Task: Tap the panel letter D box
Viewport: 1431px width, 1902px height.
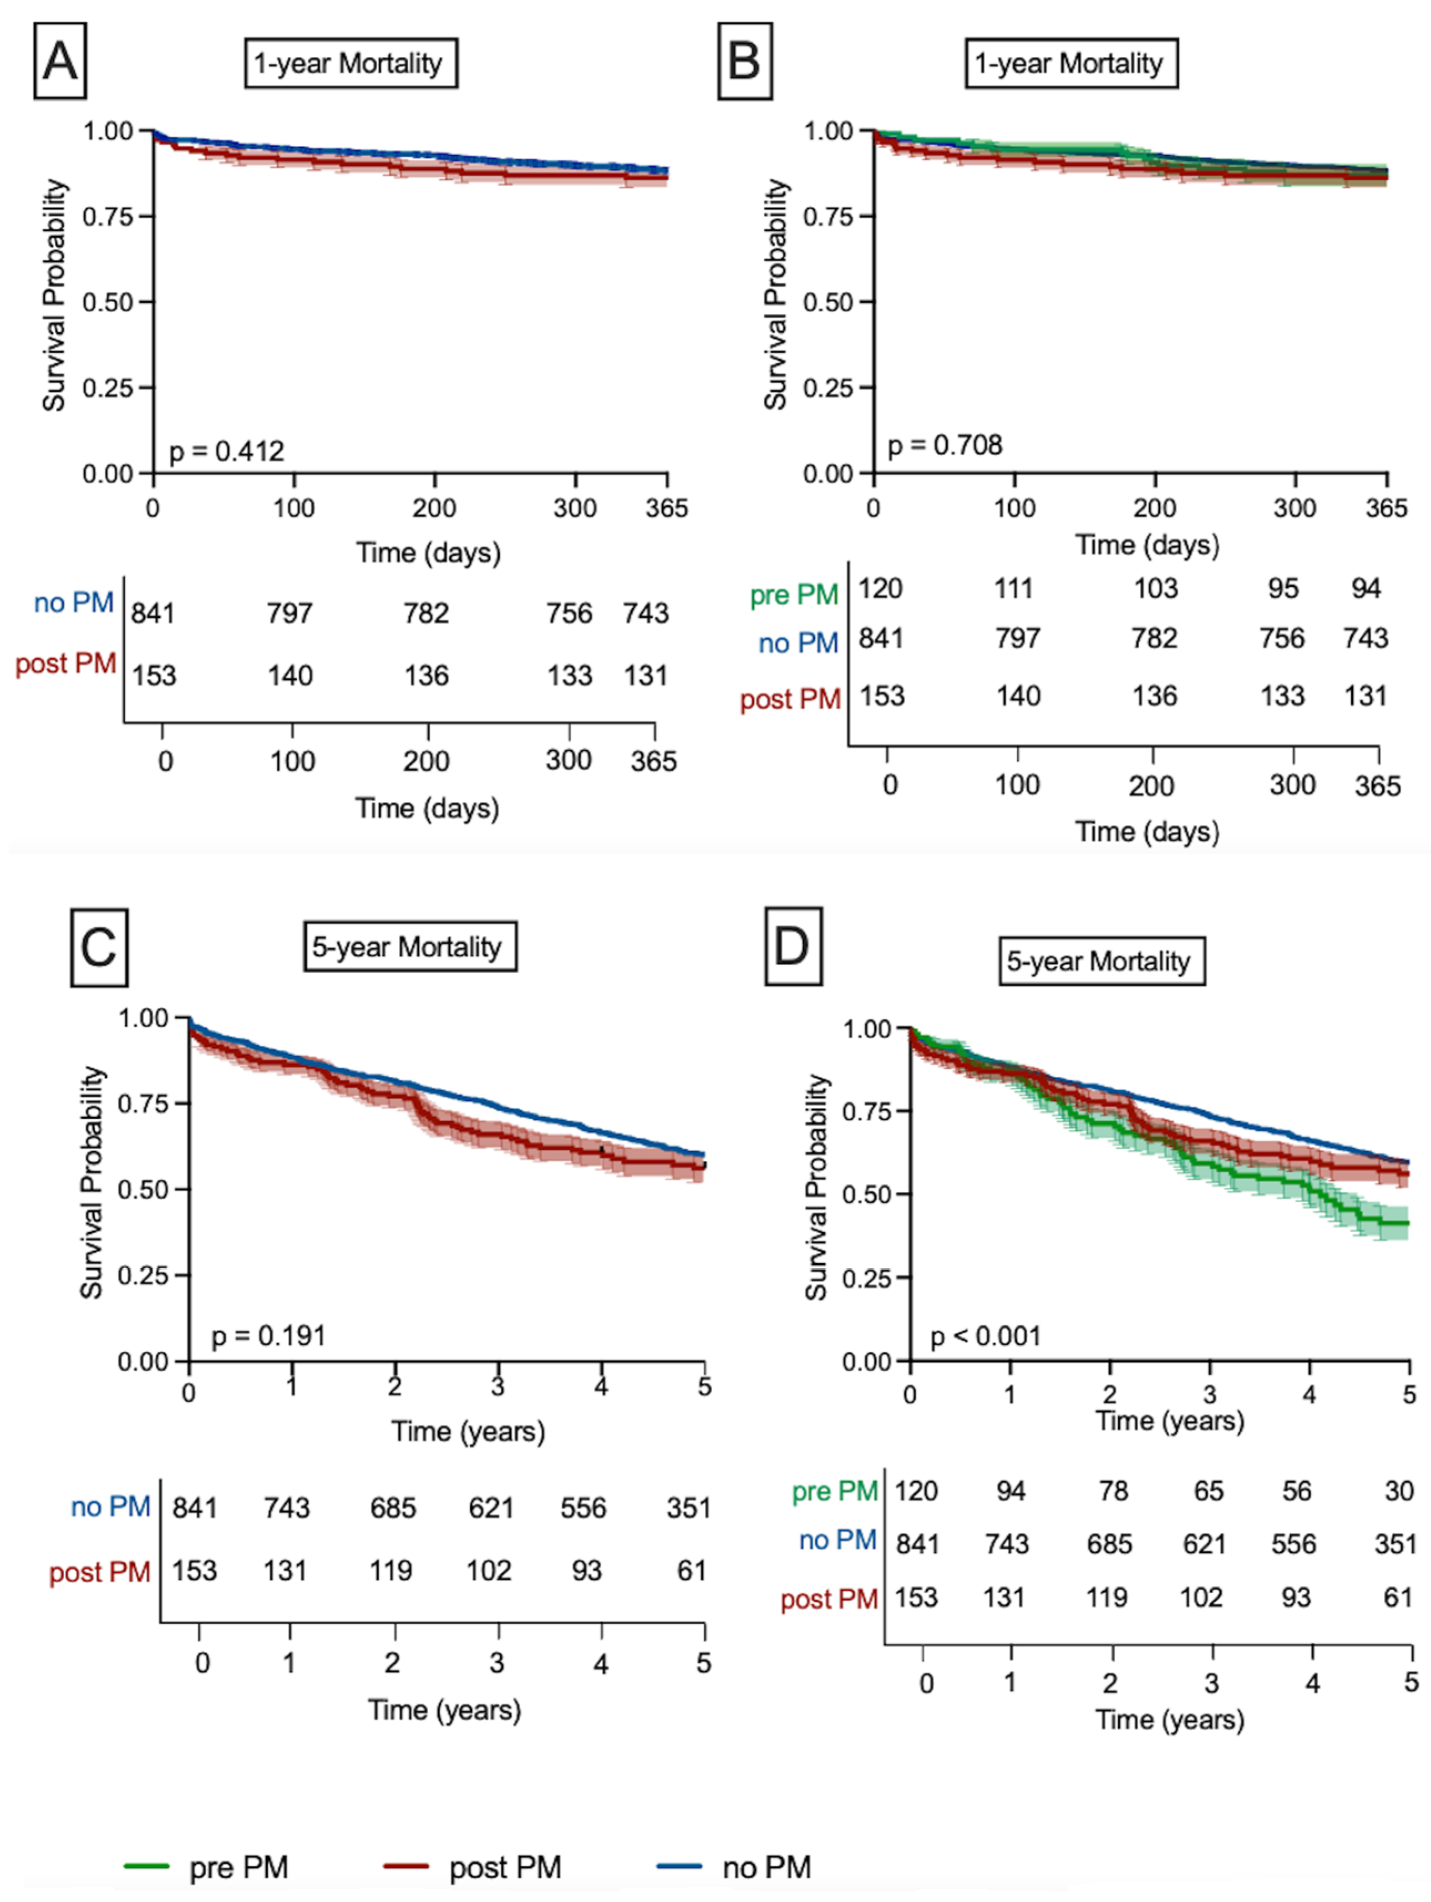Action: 793,947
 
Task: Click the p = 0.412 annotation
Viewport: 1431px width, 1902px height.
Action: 226,451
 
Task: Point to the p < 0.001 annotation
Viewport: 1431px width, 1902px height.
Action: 986,1336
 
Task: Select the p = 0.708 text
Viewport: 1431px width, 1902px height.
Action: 944,445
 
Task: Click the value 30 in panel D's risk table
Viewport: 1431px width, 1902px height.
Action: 1398,1491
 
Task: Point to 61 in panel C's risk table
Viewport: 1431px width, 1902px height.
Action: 692,1571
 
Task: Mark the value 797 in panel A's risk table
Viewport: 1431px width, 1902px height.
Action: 289,613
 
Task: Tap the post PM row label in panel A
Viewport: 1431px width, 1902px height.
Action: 66,664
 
